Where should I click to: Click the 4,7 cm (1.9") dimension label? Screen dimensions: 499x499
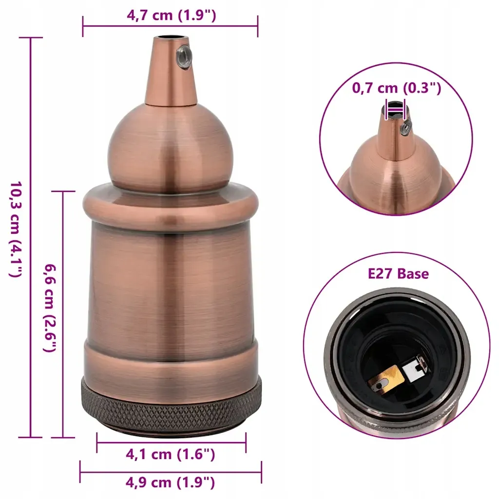(171, 15)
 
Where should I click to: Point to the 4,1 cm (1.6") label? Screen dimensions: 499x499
(171, 454)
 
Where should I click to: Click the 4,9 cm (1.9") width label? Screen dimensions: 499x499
(171, 482)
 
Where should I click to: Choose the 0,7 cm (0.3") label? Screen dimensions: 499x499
(396, 88)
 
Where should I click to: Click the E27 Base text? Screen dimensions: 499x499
(398, 273)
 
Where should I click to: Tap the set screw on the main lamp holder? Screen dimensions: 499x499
(184, 55)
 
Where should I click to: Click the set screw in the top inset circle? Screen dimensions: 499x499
(404, 128)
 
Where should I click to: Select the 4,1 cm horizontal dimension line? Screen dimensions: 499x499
(171, 443)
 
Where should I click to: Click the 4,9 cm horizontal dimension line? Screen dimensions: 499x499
(171, 471)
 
